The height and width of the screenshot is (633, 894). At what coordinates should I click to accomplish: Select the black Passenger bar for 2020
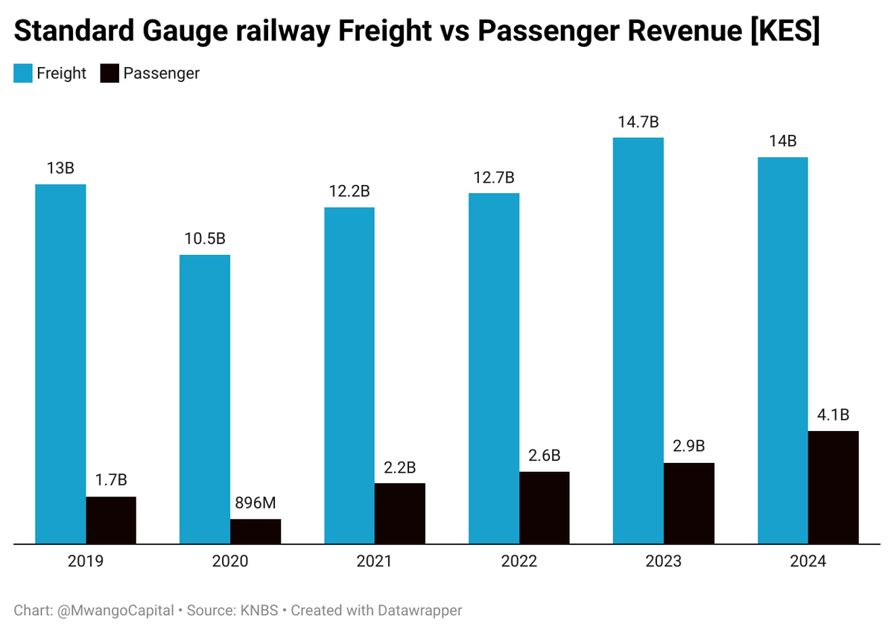(256, 532)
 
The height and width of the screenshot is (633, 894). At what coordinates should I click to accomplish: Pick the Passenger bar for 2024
(834, 488)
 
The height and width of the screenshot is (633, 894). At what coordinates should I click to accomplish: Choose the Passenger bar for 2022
(545, 508)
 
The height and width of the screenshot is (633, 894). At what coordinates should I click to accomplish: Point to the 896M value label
(256, 503)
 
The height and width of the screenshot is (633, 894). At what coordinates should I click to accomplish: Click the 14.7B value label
(638, 122)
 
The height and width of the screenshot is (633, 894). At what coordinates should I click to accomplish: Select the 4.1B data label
(834, 415)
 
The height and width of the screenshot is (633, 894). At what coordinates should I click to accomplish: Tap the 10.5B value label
(205, 239)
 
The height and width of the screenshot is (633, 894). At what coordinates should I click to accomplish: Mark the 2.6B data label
(545, 455)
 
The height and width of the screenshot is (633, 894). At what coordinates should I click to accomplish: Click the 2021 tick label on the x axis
(374, 561)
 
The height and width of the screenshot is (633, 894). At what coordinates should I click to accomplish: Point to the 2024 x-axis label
(808, 561)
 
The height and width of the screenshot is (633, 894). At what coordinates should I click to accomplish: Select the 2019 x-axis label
(86, 561)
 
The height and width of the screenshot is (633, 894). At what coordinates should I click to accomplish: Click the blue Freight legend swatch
(23, 73)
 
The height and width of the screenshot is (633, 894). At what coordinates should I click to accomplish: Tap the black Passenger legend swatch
(110, 73)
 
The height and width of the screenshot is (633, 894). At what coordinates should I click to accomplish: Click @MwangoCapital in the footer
(115, 611)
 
